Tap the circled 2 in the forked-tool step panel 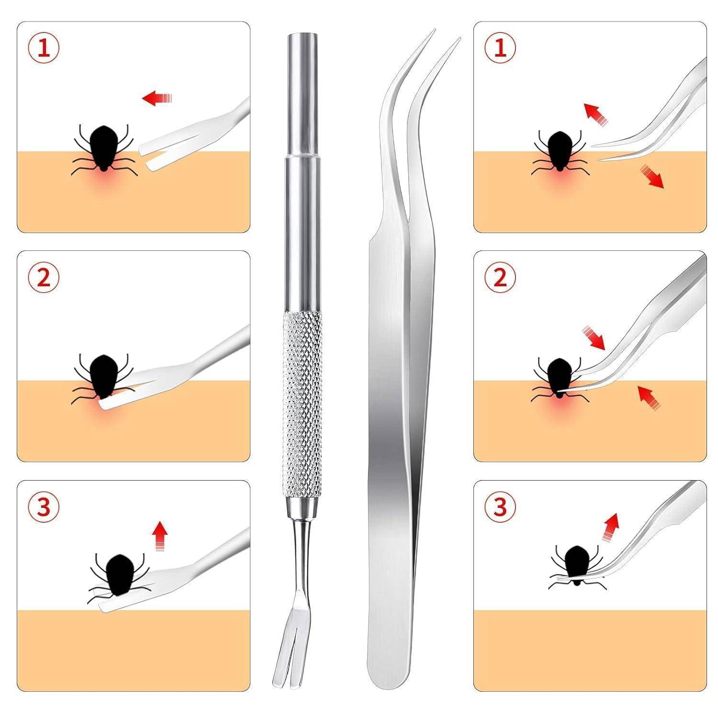[44, 277]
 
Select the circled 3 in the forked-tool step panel [44, 507]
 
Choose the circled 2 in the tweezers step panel [500, 277]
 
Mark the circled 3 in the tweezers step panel [500, 507]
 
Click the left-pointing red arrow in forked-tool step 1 [157, 99]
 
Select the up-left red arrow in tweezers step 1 [595, 113]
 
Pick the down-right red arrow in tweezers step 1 [651, 176]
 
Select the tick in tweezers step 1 [558, 151]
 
